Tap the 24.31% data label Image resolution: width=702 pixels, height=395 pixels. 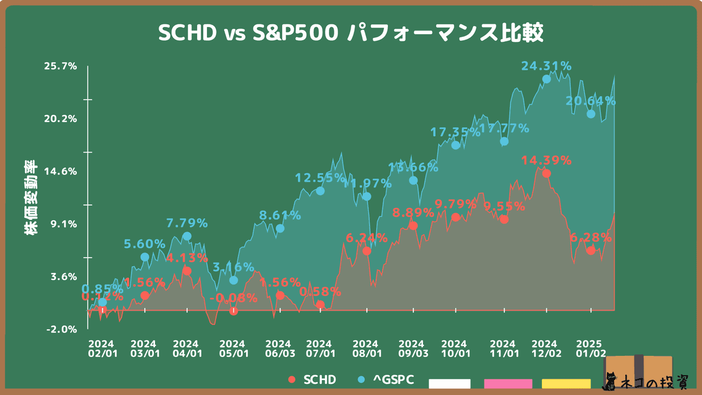tap(546, 66)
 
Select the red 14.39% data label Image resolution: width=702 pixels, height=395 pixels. tap(546, 161)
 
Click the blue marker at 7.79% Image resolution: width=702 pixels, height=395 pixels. tap(187, 236)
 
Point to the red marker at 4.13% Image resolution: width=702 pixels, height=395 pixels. tap(187, 271)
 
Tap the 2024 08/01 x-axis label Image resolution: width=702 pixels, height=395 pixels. tap(367, 348)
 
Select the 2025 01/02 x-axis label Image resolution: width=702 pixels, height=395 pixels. tap(592, 348)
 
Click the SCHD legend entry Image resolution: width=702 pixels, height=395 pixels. tap(313, 380)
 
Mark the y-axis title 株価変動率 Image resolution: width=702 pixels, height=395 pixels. tap(30, 198)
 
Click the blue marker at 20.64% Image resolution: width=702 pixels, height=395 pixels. tap(591, 114)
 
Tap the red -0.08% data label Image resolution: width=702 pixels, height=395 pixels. tap(233, 298)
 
